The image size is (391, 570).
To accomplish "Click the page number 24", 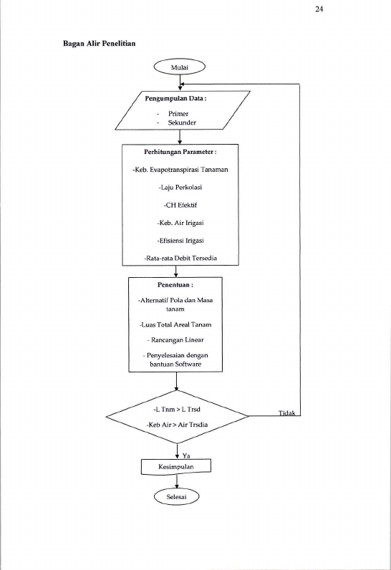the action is pyautogui.click(x=319, y=9).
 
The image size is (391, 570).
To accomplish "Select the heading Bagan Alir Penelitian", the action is pyautogui.click(x=100, y=44).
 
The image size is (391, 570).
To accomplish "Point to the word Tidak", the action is pyautogui.click(x=286, y=413).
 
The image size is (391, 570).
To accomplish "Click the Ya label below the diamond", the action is pyautogui.click(x=186, y=455).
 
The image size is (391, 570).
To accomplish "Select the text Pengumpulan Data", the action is pyautogui.click(x=174, y=99).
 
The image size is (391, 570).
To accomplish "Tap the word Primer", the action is pyautogui.click(x=178, y=114).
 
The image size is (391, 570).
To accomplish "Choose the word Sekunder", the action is pyautogui.click(x=182, y=122).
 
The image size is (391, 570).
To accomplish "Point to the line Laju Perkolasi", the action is pyautogui.click(x=180, y=188).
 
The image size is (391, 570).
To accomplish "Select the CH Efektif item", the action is pyautogui.click(x=180, y=205).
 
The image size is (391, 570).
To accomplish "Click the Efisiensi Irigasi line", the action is pyautogui.click(x=180, y=241).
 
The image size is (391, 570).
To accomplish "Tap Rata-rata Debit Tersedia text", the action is pyautogui.click(x=180, y=258).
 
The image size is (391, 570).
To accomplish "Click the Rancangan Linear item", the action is pyautogui.click(x=175, y=340).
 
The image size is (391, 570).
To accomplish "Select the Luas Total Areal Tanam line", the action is pyautogui.click(x=175, y=324).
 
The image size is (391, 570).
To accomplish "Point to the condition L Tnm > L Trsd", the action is pyautogui.click(x=177, y=410).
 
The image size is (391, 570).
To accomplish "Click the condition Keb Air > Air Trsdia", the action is pyautogui.click(x=177, y=425).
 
